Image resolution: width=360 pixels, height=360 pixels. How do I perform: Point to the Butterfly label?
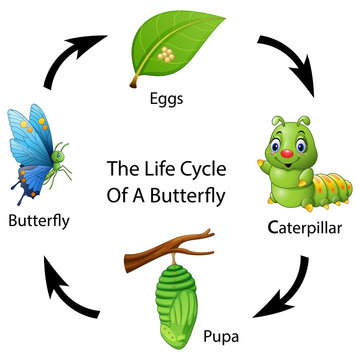pyautogui.click(x=38, y=220)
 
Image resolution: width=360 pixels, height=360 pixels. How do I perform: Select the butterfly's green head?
pyautogui.click(x=62, y=155)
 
